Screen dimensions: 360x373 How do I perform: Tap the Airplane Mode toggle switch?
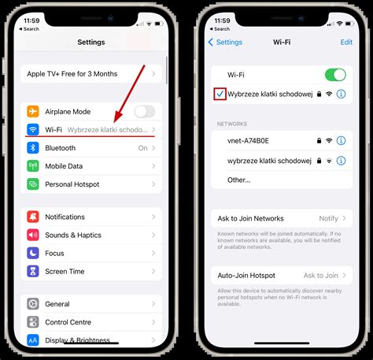point(145,112)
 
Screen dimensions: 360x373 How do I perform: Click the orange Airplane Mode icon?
point(34,112)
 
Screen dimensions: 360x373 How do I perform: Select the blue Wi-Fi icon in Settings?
point(34,129)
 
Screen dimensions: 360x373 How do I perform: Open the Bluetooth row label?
point(60,147)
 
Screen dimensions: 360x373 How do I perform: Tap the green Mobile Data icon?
point(34,166)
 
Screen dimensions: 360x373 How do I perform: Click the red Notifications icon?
point(34,217)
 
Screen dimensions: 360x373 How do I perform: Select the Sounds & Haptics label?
point(73,235)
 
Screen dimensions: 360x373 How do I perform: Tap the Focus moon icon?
point(34,254)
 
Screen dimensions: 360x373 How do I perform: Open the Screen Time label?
point(65,272)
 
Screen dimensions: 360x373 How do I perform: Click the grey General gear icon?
point(34,303)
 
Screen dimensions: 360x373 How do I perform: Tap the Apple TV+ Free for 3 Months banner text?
point(72,74)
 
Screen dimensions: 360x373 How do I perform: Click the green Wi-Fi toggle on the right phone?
point(334,75)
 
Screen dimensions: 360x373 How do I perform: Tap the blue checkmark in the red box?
point(219,94)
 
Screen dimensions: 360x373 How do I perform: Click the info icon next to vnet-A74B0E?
point(341,140)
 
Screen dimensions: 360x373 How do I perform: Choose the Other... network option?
point(239,179)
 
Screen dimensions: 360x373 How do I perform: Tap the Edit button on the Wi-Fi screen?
point(346,43)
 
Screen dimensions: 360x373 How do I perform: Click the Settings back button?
point(224,43)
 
